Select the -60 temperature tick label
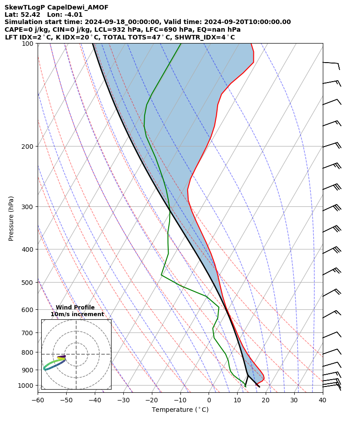[x=38, y=400]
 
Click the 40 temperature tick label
[x=322, y=400]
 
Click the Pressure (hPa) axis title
[x=11, y=218]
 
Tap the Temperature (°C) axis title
[x=180, y=410]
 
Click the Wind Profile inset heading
[x=75, y=308]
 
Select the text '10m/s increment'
[x=77, y=314]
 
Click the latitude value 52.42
[x=31, y=15]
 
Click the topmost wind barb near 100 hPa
[x=331, y=64]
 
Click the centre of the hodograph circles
[x=76, y=354]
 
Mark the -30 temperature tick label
[x=123, y=400]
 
